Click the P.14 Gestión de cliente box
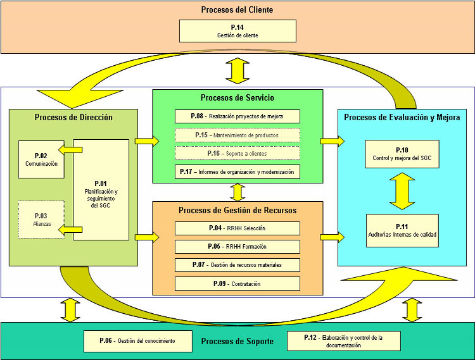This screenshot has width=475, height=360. pos(237,31)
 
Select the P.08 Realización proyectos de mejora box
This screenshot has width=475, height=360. pos(237,116)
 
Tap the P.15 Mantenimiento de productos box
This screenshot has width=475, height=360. pos(237,135)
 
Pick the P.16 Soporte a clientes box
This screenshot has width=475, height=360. pos(237,153)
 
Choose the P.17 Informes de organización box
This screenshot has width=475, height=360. pos(237,171)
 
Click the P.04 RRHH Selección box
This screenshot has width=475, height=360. pos(237,228)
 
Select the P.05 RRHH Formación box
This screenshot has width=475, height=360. pos(237,247)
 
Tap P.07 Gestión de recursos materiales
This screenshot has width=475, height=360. pos(237,264)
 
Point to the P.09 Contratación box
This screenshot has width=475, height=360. pos(237,283)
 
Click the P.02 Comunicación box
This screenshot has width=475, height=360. pos(41,159)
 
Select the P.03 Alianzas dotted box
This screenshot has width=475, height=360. pos(41,220)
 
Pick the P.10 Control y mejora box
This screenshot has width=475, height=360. pos(402,154)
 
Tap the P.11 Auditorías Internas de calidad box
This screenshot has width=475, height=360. pos(402,230)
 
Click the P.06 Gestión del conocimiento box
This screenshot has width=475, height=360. pos(137,341)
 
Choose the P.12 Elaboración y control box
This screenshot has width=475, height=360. pos(343,341)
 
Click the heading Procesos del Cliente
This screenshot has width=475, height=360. pos(237,9)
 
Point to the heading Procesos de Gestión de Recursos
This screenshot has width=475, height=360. pos(237,210)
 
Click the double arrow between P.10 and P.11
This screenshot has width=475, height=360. pos(402,191)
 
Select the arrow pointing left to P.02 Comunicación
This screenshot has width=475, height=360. pos(70,150)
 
